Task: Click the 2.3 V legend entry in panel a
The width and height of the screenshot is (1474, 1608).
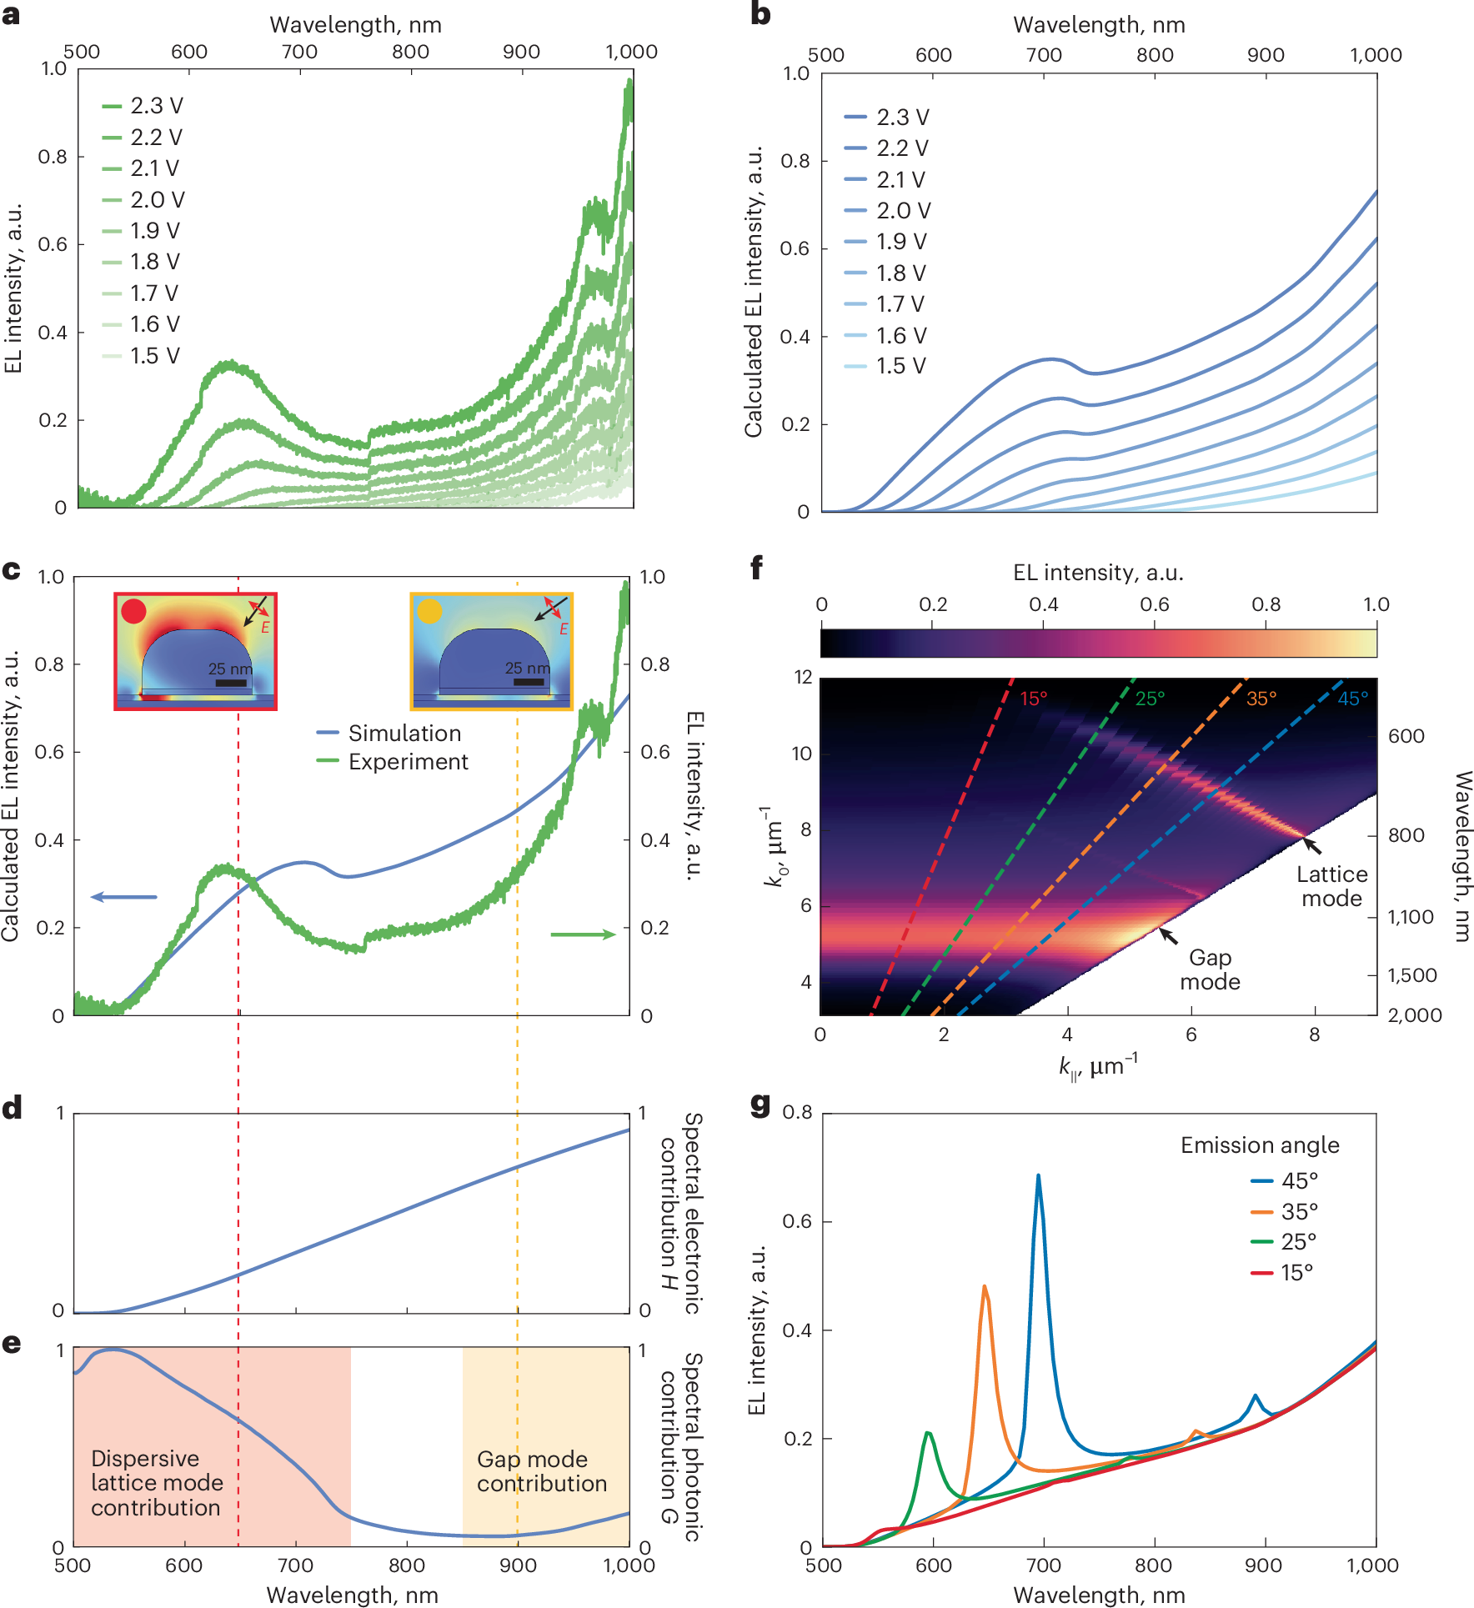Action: [142, 106]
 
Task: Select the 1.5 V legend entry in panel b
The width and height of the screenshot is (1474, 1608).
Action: [885, 366]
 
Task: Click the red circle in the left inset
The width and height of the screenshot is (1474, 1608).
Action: [133, 611]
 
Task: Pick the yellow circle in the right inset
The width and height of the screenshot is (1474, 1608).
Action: [429, 611]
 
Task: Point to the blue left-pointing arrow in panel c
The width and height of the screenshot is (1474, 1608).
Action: [123, 897]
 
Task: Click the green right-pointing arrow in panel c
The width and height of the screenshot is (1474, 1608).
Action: [583, 934]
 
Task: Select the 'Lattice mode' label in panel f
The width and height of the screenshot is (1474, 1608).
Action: [1331, 886]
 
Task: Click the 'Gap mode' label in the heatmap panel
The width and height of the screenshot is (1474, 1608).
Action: [1210, 969]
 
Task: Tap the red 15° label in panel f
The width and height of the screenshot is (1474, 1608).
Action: [1033, 699]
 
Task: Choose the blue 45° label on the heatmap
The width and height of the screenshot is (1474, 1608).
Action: [1352, 699]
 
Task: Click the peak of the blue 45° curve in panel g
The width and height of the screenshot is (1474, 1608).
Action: [1038, 1175]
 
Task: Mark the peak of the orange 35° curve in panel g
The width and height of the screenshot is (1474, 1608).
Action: [985, 1287]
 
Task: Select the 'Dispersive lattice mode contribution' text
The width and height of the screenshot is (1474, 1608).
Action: [157, 1482]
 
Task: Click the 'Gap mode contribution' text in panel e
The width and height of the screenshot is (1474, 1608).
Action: [541, 1471]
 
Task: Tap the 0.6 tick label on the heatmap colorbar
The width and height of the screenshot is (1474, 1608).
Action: [1154, 604]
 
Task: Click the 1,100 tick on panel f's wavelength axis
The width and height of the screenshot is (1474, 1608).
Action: [1410, 917]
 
